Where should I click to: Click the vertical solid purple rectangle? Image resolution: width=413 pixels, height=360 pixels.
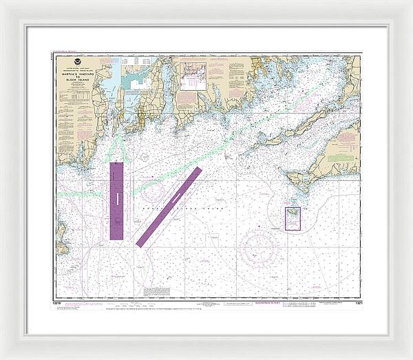click(x=117, y=200)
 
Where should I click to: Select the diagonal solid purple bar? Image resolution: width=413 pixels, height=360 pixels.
click(x=169, y=207)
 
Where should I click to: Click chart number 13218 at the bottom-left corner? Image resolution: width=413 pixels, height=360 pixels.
click(x=56, y=301)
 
